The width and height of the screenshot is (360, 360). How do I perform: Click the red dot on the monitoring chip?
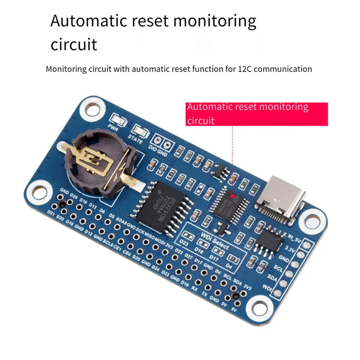[233, 196]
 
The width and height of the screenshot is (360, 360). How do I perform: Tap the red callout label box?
[257, 114]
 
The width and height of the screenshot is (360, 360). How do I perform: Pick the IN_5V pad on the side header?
[308, 246]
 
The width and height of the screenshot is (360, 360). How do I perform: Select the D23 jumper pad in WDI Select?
[186, 238]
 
